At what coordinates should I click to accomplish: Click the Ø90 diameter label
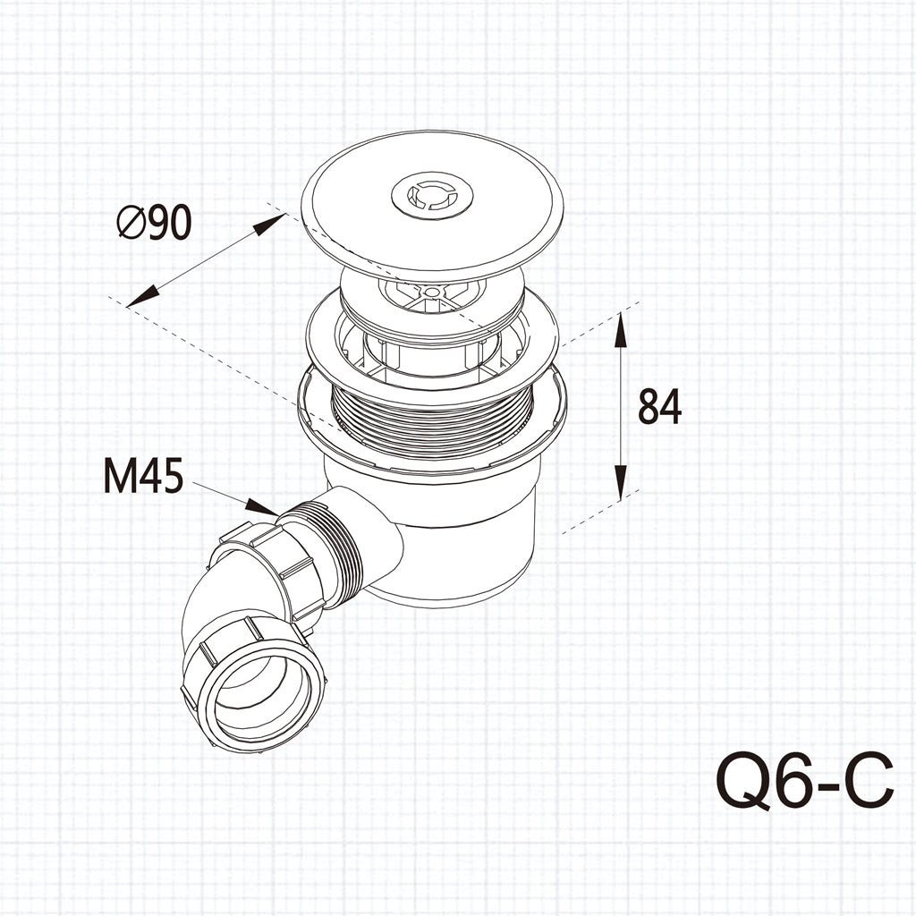pyautogui.click(x=155, y=222)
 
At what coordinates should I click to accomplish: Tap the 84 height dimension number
pyautogui.click(x=659, y=407)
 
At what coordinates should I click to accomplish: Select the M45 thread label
pyautogui.click(x=144, y=475)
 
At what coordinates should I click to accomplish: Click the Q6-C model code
pyautogui.click(x=805, y=780)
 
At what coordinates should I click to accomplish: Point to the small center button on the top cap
pyautogui.click(x=432, y=195)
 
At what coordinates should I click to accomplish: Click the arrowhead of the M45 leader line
pyautogui.click(x=263, y=507)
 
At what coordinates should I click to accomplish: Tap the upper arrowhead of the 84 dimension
pyautogui.click(x=621, y=329)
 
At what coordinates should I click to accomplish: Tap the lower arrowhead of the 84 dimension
pyautogui.click(x=621, y=482)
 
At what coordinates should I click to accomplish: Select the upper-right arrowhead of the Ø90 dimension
pyautogui.click(x=269, y=224)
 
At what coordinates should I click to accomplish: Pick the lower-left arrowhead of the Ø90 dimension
pyautogui.click(x=143, y=297)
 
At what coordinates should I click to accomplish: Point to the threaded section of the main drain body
pyautogui.click(x=432, y=416)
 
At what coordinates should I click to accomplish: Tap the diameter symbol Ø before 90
pyautogui.click(x=130, y=223)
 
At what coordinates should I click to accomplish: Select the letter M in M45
pyautogui.click(x=120, y=476)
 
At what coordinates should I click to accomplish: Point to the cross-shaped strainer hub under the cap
pyautogui.click(x=432, y=293)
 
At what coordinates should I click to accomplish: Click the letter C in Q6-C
pyautogui.click(x=868, y=780)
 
